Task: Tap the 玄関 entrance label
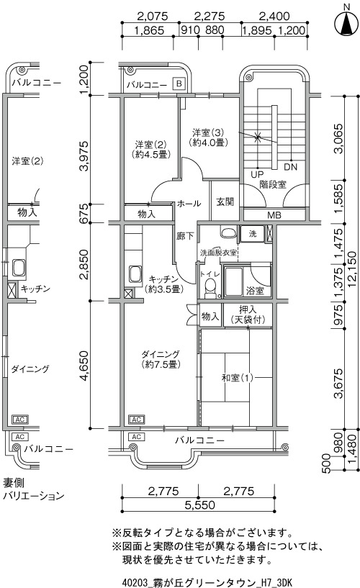pyautogui.click(x=225, y=202)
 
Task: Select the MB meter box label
pyautogui.click(x=274, y=216)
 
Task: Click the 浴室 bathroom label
pyautogui.click(x=255, y=291)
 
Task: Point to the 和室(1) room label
pyautogui.click(x=237, y=378)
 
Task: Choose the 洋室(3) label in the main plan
pyautogui.click(x=208, y=132)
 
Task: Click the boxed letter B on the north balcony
pyautogui.click(x=179, y=83)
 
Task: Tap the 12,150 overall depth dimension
pyautogui.click(x=352, y=270)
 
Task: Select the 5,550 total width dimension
pyautogui.click(x=200, y=505)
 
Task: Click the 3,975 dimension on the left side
pyautogui.click(x=84, y=156)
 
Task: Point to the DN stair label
pyautogui.click(x=290, y=167)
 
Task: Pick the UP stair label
pyautogui.click(x=257, y=174)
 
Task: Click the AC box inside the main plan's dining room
pyautogui.click(x=137, y=420)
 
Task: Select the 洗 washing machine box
pyautogui.click(x=253, y=234)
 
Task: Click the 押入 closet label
pyautogui.click(x=248, y=310)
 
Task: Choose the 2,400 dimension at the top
pyautogui.click(x=274, y=17)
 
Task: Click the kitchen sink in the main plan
pyautogui.click(x=135, y=275)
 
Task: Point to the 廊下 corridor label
pyautogui.click(x=185, y=236)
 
